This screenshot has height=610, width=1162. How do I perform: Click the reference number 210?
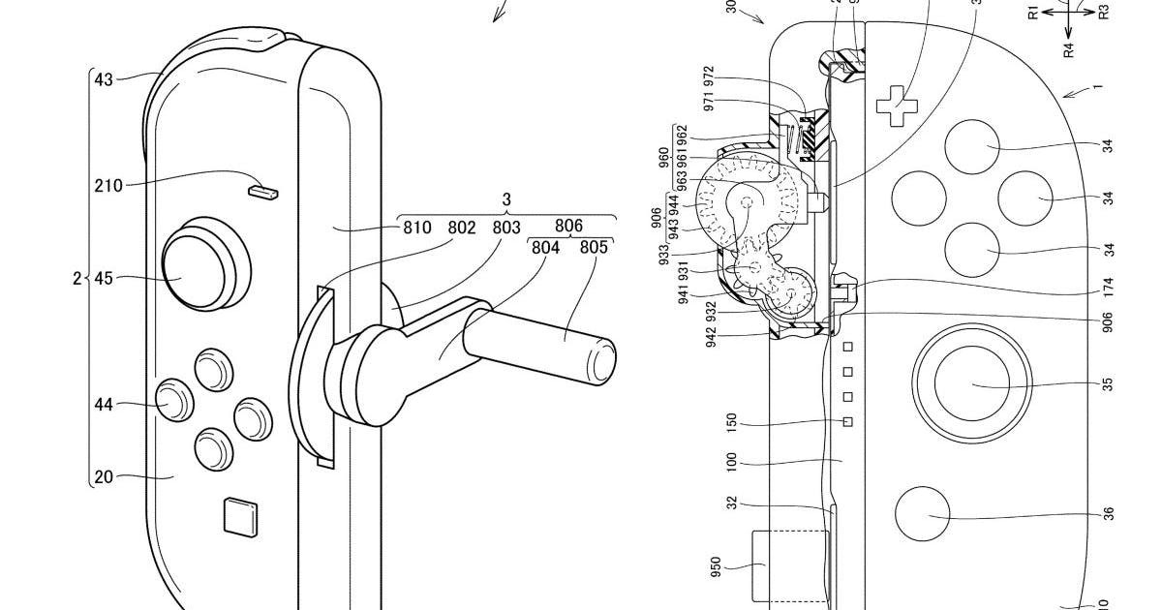(107, 185)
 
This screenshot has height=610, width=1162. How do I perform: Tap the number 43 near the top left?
(104, 79)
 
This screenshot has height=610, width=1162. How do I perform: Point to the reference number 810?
(416, 228)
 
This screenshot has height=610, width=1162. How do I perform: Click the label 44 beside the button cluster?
(104, 404)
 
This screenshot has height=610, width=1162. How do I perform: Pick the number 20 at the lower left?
(104, 475)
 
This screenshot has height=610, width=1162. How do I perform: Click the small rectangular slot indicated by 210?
(262, 191)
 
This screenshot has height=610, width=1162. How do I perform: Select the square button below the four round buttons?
(238, 515)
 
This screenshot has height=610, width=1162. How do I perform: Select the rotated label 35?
(1107, 384)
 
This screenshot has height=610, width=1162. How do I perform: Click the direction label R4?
(1069, 49)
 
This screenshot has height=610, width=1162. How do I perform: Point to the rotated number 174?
(1107, 288)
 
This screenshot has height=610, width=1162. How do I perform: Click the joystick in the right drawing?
(971, 384)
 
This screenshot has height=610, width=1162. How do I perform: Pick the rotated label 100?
(733, 462)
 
